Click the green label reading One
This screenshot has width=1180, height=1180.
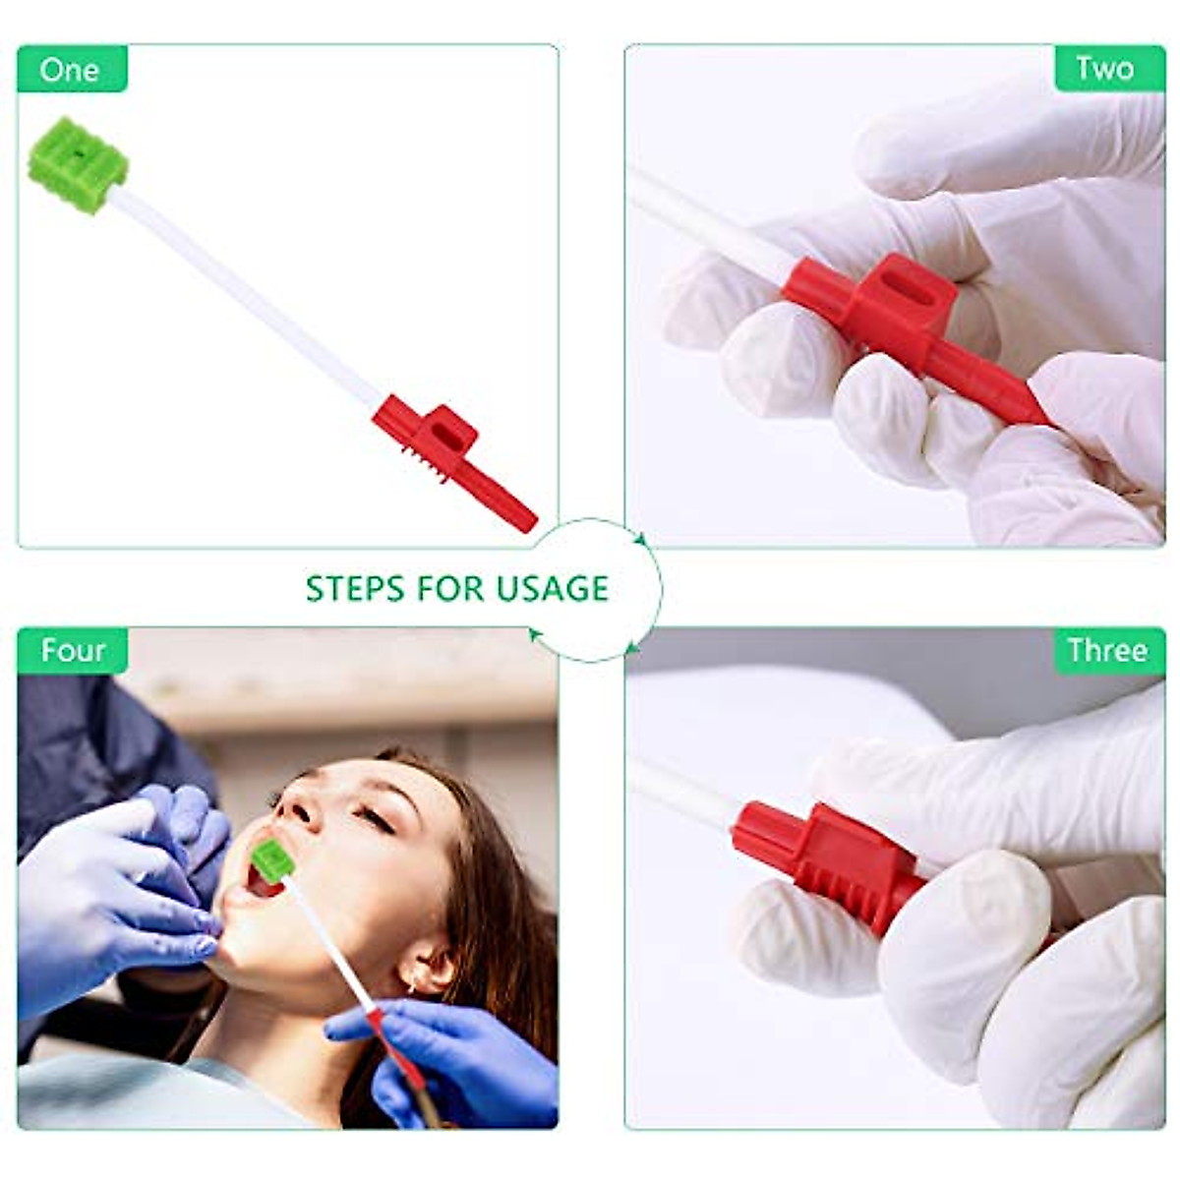(71, 70)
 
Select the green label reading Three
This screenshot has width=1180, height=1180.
(1107, 651)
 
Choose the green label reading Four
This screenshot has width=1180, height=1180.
(72, 651)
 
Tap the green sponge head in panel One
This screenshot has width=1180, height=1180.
(77, 165)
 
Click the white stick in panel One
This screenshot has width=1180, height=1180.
(246, 295)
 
